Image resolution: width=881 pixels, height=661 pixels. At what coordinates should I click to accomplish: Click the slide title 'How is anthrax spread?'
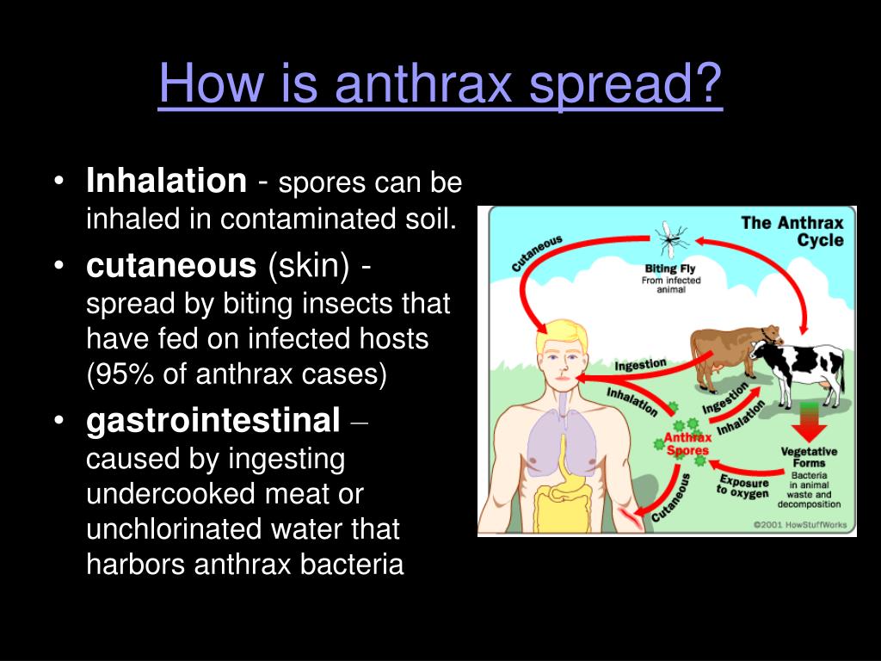tap(440, 83)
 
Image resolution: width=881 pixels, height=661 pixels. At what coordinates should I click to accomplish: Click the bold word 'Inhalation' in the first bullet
tap(166, 181)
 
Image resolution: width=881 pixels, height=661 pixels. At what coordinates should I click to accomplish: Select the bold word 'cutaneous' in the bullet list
tap(171, 265)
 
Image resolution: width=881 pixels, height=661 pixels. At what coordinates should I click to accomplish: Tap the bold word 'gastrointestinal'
tap(213, 421)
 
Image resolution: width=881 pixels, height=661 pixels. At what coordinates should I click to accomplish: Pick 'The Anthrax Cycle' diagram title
tap(792, 231)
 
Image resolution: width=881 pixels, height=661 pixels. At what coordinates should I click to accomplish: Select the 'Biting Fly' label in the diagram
tap(670, 269)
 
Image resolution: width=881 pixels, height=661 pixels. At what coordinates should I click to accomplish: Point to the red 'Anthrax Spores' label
tap(687, 443)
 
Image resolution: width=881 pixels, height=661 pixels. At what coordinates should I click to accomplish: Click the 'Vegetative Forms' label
tap(809, 457)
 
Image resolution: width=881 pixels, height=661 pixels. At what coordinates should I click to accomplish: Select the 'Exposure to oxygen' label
tap(742, 487)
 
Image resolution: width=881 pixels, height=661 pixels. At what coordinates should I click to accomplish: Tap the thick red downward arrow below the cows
tap(809, 423)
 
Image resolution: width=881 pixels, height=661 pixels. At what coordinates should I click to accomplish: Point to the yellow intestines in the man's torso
tap(563, 503)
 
